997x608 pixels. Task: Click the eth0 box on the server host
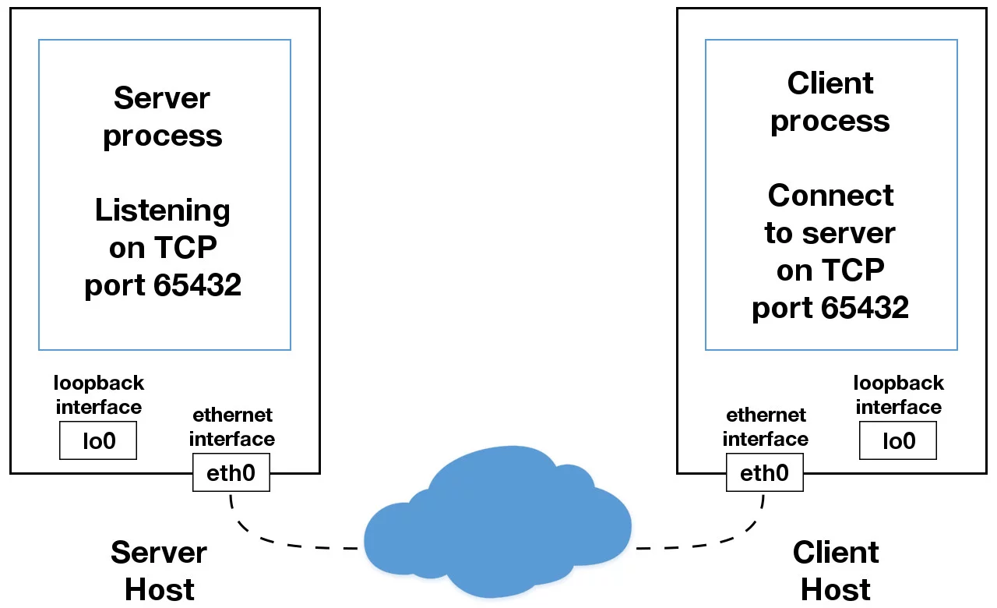231,472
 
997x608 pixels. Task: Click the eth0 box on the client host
764,472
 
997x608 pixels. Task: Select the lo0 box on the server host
98,440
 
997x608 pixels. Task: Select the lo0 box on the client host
897,440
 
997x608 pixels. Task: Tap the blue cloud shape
498,522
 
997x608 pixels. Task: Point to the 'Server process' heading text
163,117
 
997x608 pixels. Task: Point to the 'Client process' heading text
830,102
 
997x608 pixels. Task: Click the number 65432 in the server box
197,285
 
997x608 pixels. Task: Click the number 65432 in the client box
865,308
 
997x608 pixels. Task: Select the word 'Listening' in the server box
163,210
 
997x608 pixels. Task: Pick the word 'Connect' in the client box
830,195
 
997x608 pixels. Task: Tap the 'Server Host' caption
159,571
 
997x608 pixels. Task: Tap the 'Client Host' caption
836,571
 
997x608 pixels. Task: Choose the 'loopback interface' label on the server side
99,395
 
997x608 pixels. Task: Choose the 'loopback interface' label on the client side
898,395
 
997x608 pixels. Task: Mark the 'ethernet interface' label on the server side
232,426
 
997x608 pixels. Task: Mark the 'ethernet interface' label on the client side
765,426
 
